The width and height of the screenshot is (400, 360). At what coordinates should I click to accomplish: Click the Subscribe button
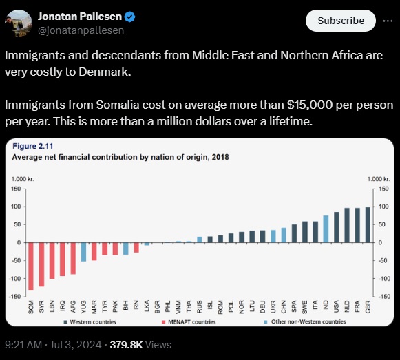341,21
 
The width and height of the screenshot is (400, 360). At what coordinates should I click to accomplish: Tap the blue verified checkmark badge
130,17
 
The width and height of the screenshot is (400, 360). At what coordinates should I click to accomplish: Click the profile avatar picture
19,23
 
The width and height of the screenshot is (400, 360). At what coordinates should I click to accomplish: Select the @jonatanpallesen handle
81,30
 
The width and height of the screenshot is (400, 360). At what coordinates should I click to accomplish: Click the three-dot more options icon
388,21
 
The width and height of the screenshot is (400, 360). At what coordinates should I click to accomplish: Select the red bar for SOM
31,266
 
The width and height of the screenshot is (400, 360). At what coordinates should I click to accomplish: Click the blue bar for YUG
83,252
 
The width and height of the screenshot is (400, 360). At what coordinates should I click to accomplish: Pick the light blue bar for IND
326,229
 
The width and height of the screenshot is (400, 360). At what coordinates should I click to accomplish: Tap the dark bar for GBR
368,225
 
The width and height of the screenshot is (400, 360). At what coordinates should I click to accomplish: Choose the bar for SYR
41,264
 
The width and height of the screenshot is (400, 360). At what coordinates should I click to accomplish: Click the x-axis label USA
337,306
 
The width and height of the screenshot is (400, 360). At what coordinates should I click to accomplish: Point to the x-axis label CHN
284,307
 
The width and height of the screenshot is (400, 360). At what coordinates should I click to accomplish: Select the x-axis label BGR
158,307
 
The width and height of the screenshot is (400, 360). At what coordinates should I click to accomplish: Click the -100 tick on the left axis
14,278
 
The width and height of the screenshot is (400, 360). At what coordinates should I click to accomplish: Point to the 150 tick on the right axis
384,189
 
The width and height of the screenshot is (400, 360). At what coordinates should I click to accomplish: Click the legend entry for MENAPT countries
189,322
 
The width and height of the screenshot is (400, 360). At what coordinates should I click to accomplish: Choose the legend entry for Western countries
90,322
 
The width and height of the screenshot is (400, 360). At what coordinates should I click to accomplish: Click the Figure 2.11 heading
33,146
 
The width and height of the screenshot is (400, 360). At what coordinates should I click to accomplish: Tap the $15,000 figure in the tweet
310,105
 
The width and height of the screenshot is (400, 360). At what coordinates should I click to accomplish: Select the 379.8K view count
126,345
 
